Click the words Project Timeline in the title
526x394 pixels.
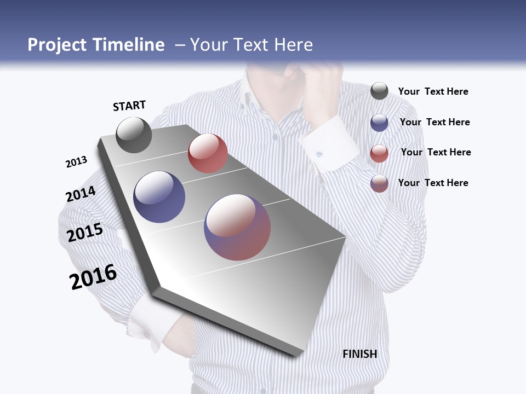(96, 45)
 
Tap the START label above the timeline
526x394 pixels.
(129, 106)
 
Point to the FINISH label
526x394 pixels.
(360, 354)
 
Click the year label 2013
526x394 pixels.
(76, 162)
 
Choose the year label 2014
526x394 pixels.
(81, 194)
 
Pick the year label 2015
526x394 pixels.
(85, 233)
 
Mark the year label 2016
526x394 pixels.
(93, 277)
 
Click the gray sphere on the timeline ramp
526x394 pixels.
(134, 135)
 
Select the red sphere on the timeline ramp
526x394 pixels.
(208, 153)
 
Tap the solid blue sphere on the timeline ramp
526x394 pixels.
(159, 197)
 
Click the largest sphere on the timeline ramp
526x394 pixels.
(237, 227)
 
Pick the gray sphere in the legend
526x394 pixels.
(379, 91)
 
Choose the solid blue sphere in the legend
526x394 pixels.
(379, 123)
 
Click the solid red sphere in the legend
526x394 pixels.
(379, 153)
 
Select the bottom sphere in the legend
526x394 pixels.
(379, 183)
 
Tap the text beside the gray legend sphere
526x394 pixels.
(433, 91)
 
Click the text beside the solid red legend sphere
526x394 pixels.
(436, 152)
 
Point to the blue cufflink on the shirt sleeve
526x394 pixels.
(318, 154)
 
